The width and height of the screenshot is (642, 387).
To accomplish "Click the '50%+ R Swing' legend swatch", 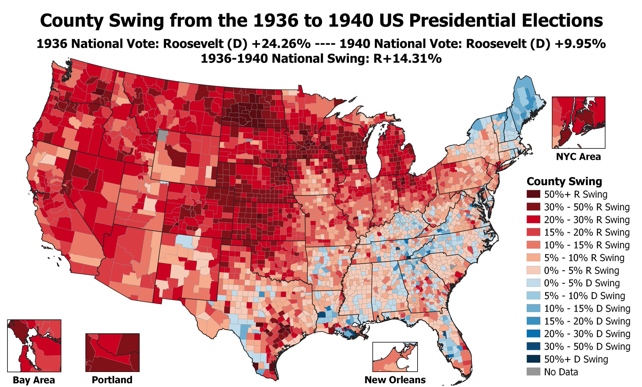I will pos(533,194).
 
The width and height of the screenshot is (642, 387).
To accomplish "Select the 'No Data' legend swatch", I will pos(533,372).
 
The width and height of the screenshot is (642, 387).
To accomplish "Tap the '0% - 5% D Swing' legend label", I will pos(582,283).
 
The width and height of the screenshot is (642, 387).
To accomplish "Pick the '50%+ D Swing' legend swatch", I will pos(533,359).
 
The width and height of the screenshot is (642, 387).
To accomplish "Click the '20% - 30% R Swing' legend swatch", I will pos(533,220).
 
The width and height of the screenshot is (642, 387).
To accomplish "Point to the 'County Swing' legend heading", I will pos(564,181).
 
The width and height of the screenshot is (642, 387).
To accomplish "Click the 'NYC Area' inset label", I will pos(578,157).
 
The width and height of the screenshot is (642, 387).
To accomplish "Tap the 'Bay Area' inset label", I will pos(34,380).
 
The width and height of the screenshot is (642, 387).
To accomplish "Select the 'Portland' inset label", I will pos(112,380).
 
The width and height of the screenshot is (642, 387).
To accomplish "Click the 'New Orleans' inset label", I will pos(395,380).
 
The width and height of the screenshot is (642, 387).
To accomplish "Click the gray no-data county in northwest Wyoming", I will pos(162,136).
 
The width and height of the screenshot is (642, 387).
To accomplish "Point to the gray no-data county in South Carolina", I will pos(452,266).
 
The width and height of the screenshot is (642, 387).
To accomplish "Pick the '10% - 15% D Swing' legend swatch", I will pos(533,309).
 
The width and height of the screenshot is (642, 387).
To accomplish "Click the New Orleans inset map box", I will pos(395,357).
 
